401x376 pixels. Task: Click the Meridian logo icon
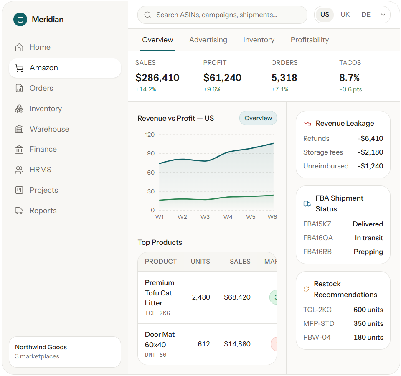(20, 20)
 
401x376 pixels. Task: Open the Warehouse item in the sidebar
(42, 129)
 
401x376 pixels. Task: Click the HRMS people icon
(19, 170)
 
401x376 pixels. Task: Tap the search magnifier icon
(147, 15)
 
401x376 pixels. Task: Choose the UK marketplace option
(345, 15)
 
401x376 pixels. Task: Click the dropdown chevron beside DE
(383, 15)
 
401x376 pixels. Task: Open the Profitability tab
(310, 40)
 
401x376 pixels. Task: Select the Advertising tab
(208, 40)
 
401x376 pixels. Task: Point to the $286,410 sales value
(157, 78)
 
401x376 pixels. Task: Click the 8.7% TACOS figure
(349, 78)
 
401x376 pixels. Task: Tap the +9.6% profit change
(212, 89)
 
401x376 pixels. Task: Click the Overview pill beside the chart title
(258, 118)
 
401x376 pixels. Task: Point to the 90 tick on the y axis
(151, 153)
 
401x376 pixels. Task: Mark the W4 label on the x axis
(228, 217)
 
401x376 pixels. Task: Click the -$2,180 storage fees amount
(371, 152)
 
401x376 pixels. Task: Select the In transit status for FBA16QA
(369, 238)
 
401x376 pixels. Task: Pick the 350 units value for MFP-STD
(368, 323)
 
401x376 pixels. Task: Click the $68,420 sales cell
(237, 297)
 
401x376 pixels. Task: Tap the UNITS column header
(200, 262)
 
